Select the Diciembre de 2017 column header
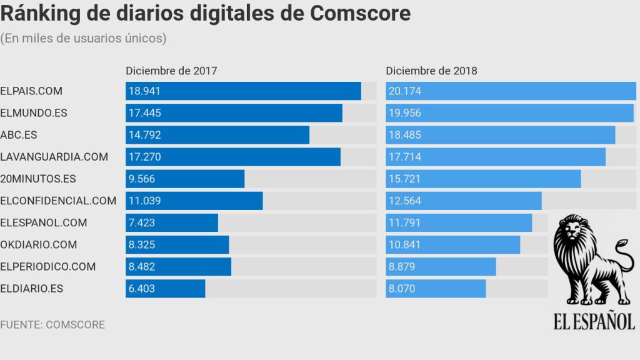click(171, 71)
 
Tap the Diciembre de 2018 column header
click(431, 71)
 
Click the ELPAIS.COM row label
click(31, 91)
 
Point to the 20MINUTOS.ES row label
click(38, 179)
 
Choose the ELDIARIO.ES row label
click(32, 289)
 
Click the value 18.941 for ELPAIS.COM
click(144, 91)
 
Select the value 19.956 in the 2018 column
click(405, 113)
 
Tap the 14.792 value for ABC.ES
click(144, 135)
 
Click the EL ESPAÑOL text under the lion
click(594, 321)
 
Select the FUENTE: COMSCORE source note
click(52, 325)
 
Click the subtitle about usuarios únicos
click(83, 39)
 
